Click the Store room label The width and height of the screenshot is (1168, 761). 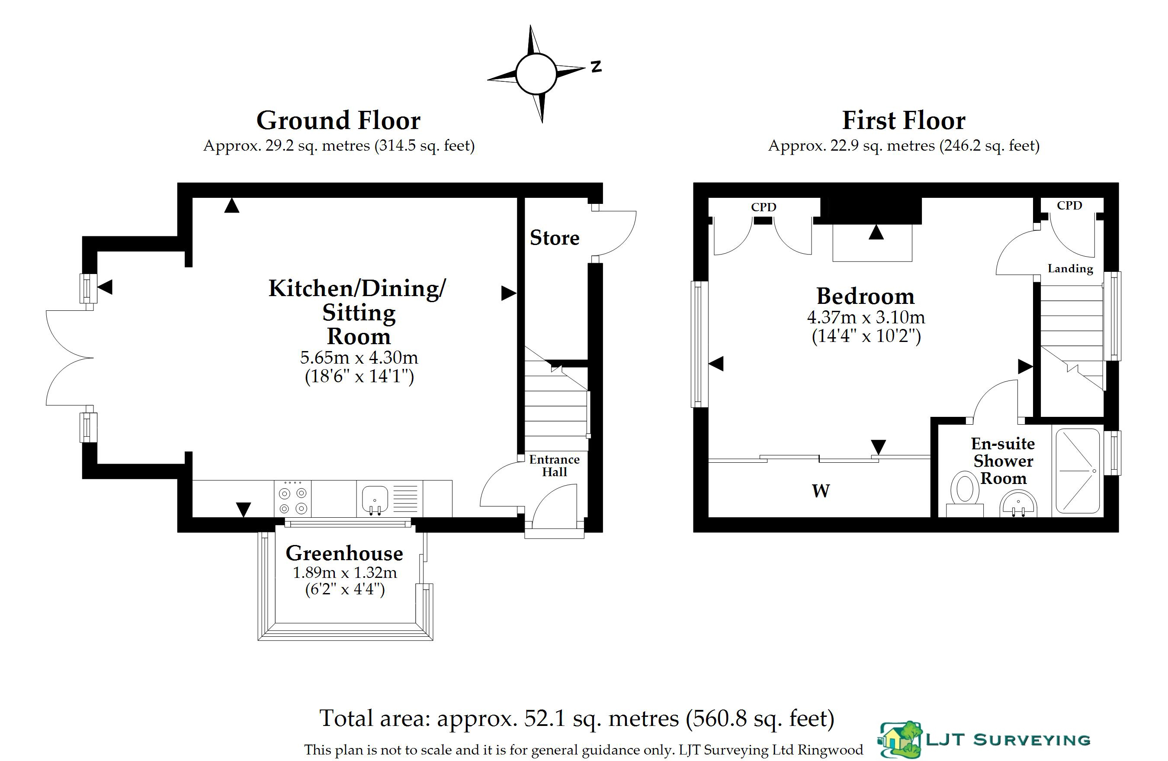coord(555,238)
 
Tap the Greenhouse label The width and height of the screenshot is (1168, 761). coord(344,553)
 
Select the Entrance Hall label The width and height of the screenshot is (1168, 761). coord(555,465)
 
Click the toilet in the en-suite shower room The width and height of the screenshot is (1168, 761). coord(965,493)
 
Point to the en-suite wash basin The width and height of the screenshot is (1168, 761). coord(1018,505)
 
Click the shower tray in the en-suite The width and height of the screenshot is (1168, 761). coord(1078,471)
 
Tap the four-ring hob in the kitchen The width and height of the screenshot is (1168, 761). coord(292,498)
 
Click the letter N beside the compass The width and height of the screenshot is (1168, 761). coord(596,66)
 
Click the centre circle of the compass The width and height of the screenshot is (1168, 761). coord(536,74)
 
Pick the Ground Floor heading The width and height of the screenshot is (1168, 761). coord(339,120)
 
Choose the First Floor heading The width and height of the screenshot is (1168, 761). coord(904,120)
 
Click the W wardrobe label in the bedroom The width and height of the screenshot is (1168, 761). coord(821,490)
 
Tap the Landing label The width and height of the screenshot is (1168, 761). coord(1070,268)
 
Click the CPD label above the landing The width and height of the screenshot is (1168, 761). coord(1069,205)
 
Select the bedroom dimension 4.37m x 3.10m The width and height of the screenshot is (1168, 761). coord(866,317)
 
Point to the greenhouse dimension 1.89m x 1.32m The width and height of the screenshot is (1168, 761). coord(345,572)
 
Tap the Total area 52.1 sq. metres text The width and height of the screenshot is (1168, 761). coord(577,718)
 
